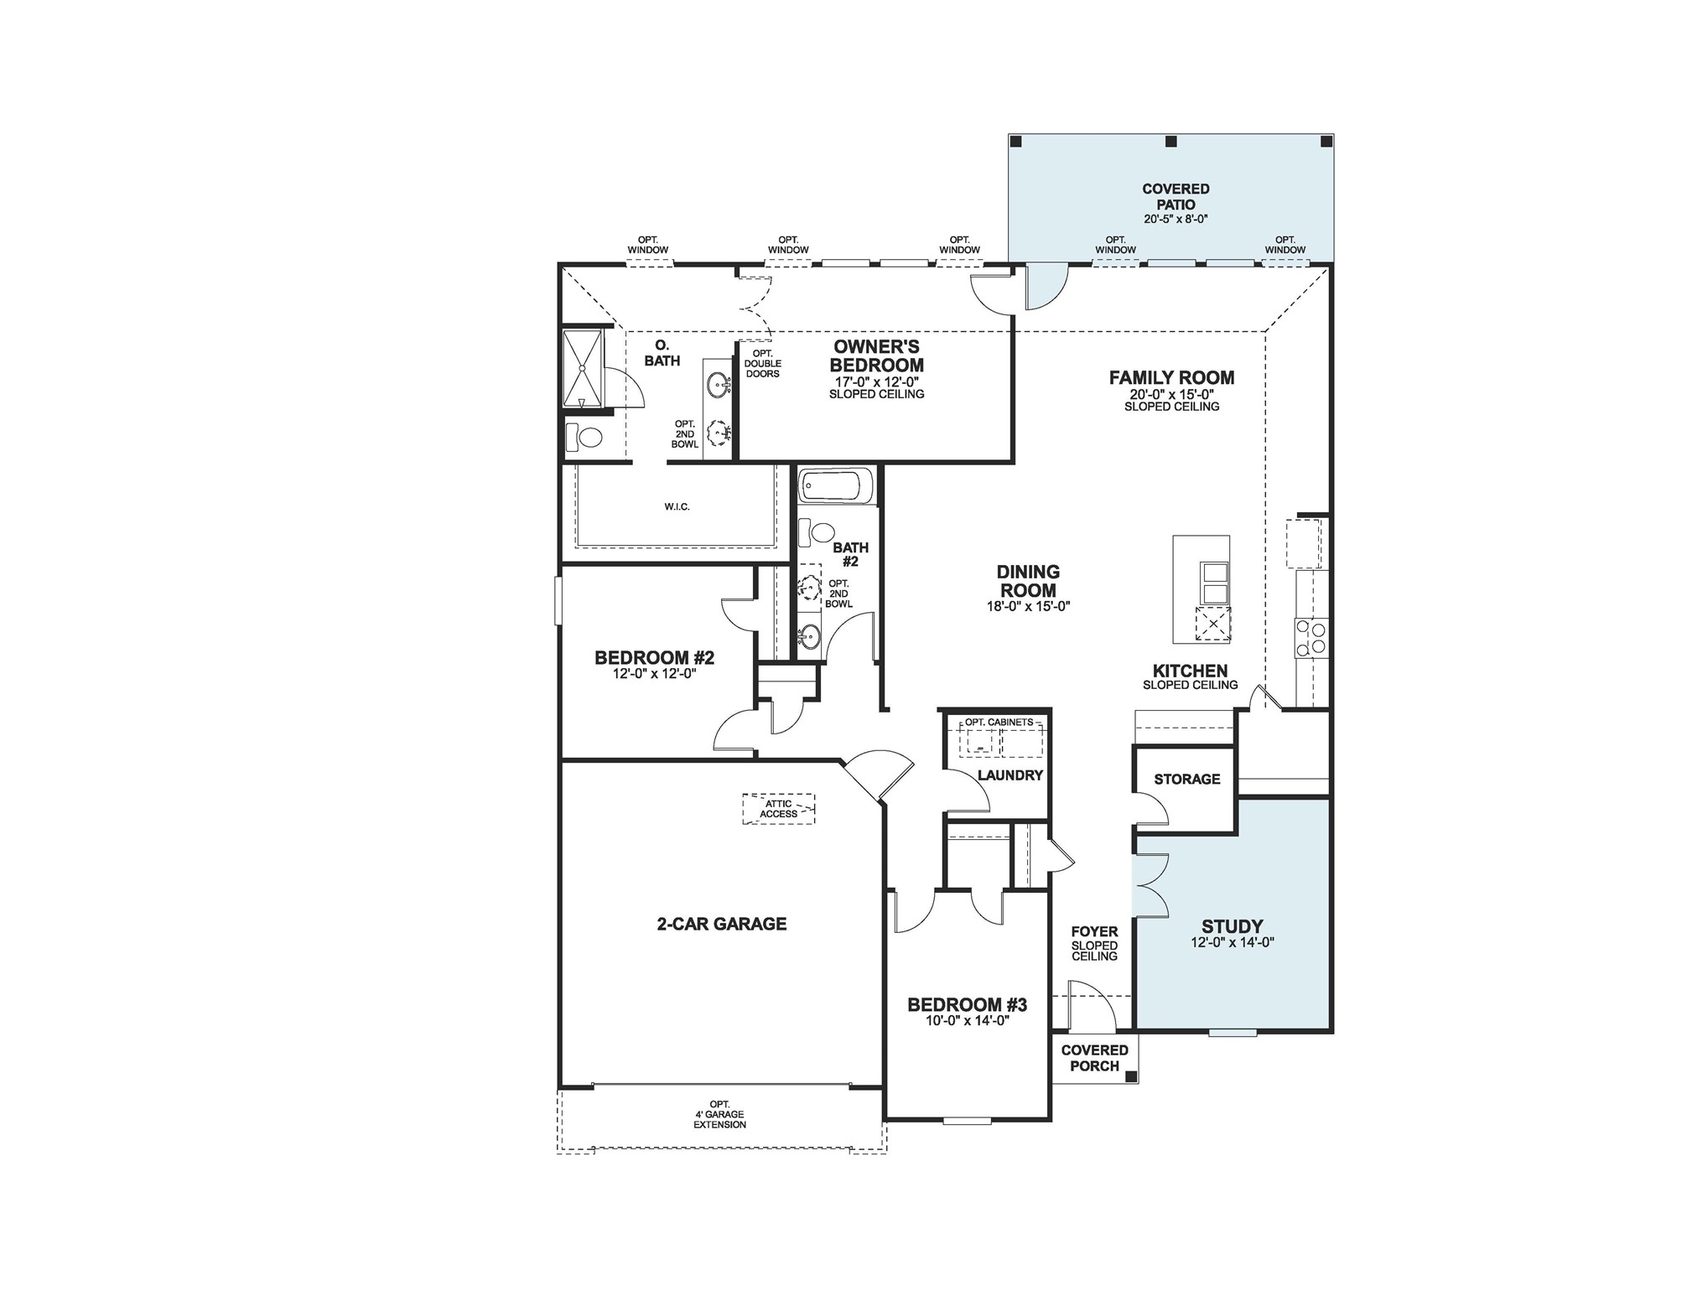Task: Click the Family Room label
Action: [1171, 378]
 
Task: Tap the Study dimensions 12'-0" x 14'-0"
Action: [1232, 942]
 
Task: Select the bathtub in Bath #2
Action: [836, 485]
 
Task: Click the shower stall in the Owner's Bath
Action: [582, 369]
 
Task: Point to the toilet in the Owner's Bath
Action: [585, 438]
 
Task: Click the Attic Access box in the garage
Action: [778, 809]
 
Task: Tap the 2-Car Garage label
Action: [721, 924]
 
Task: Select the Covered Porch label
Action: [1094, 1058]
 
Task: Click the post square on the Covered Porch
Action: [1130, 1076]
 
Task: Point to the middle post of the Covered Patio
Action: [1171, 142]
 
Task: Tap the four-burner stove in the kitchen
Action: [1311, 637]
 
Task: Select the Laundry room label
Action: [1009, 775]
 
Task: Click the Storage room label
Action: [1186, 780]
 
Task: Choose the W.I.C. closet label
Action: [677, 507]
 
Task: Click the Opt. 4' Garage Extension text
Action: [719, 1115]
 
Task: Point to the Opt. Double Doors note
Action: [762, 364]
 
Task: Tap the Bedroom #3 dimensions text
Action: [967, 1021]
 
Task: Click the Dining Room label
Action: [1028, 581]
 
